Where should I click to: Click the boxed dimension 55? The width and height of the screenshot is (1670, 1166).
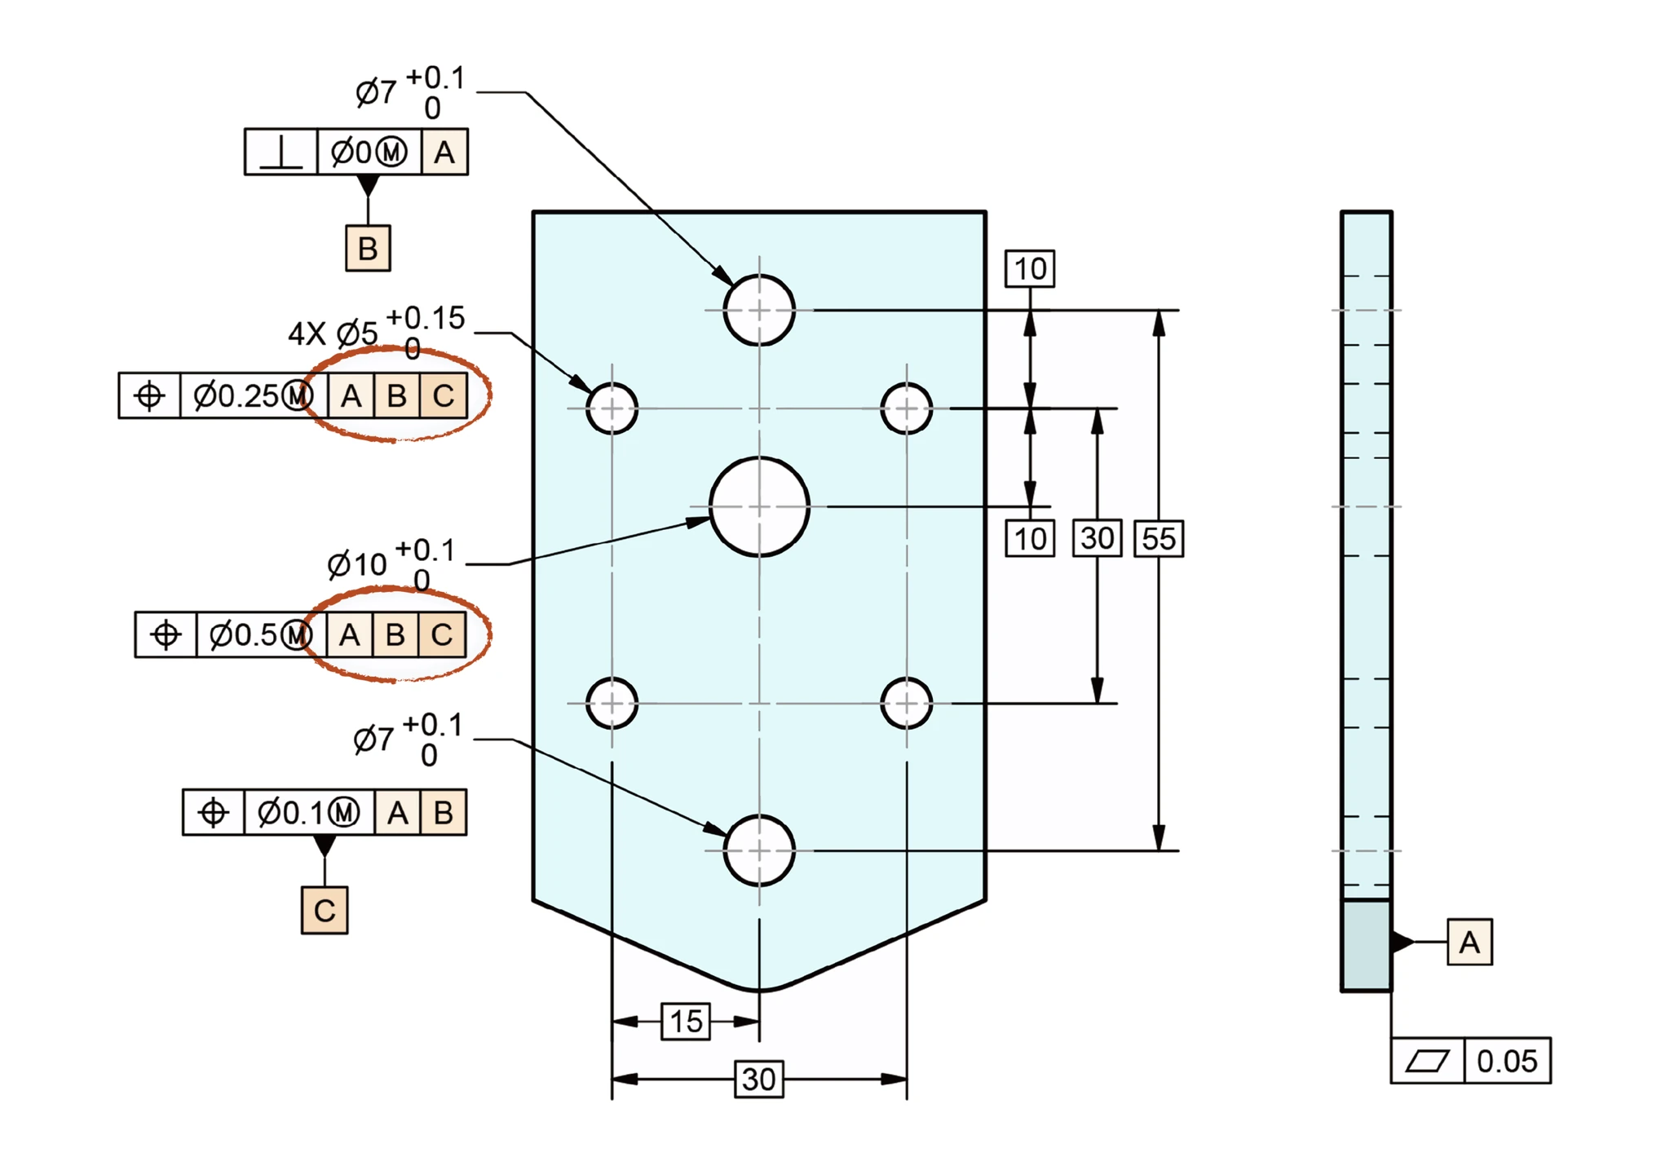tap(1159, 538)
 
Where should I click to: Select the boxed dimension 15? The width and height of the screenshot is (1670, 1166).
tap(686, 1021)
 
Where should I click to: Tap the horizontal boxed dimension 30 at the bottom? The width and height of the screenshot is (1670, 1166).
tap(759, 1080)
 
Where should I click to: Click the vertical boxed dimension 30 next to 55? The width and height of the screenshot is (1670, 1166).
tap(1098, 538)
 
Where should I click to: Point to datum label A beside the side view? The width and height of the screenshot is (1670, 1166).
tap(1469, 942)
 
